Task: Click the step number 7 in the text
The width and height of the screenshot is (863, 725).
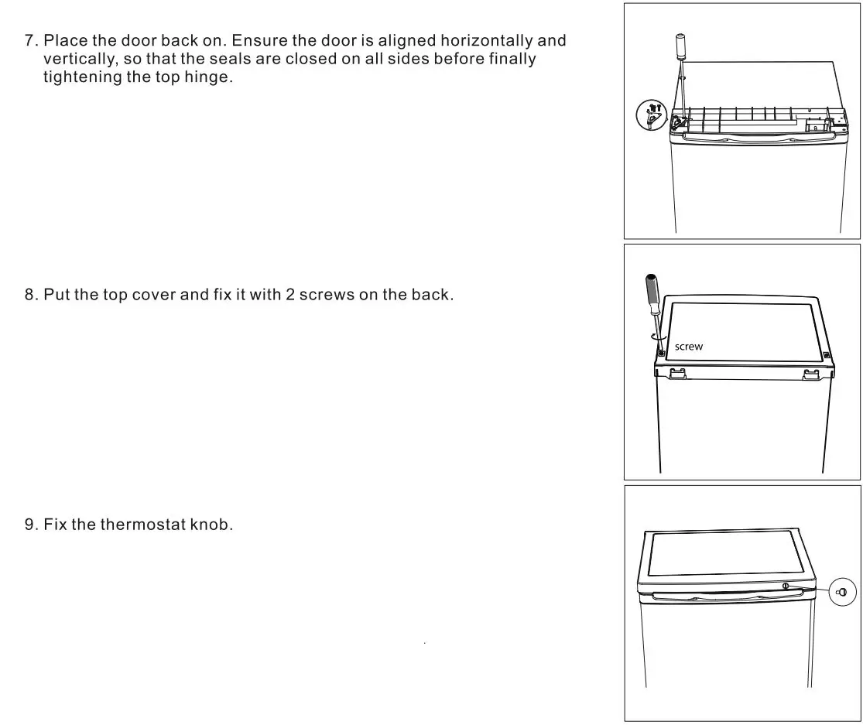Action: (31, 40)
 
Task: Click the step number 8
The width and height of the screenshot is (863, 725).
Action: (31, 295)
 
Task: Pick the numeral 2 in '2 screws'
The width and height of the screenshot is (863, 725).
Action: (291, 295)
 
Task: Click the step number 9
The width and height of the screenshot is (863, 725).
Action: (31, 525)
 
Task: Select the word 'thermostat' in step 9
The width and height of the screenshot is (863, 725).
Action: (143, 525)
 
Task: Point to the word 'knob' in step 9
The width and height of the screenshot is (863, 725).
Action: (210, 525)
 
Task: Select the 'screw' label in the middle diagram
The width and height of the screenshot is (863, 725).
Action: (689, 347)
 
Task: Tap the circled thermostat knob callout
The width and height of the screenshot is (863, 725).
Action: (842, 593)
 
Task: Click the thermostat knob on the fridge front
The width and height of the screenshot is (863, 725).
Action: (786, 586)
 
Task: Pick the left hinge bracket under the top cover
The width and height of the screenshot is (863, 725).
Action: (676, 374)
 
